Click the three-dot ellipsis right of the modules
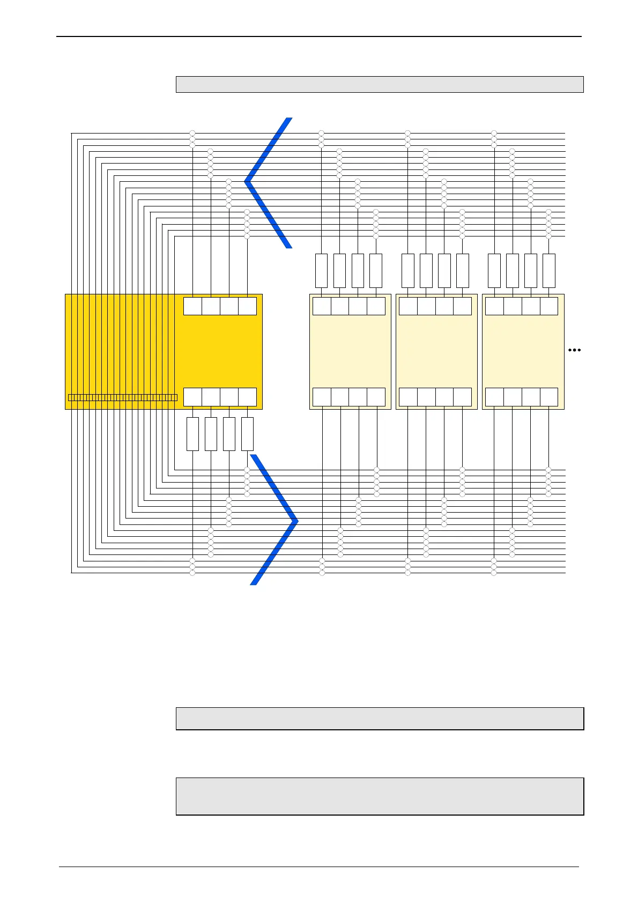pyautogui.click(x=574, y=350)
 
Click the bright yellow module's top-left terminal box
pyautogui.click(x=192, y=306)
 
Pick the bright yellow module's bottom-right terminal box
pyautogui.click(x=247, y=397)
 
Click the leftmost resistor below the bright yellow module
pyautogui.click(x=192, y=434)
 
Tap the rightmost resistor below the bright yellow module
pyautogui.click(x=247, y=434)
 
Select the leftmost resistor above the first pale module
pyautogui.click(x=321, y=271)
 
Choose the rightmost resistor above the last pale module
pyautogui.click(x=548, y=271)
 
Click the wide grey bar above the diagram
pyautogui.click(x=380, y=85)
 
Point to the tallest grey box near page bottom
pyautogui.click(x=380, y=796)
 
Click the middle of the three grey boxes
pyautogui.click(x=380, y=719)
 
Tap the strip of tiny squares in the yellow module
pyautogui.click(x=123, y=397)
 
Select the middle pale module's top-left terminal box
pyautogui.click(x=408, y=306)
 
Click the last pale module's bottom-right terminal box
pyautogui.click(x=548, y=397)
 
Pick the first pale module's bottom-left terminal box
pyautogui.click(x=322, y=397)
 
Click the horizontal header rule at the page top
pyautogui.click(x=319, y=36)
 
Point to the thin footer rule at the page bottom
pyautogui.click(x=319, y=867)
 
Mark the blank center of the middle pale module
pyautogui.click(x=436, y=351)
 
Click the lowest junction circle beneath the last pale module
pyautogui.click(x=494, y=573)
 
